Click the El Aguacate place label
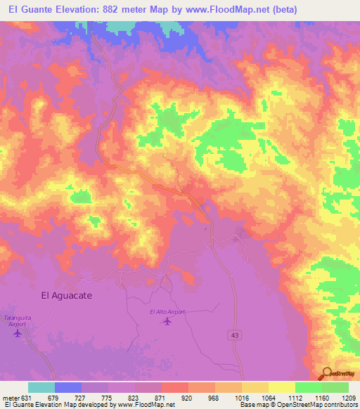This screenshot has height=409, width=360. pyautogui.click(x=67, y=296)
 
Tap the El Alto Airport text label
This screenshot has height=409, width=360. pyautogui.click(x=167, y=311)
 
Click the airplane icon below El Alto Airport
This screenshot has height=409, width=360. pyautogui.click(x=167, y=322)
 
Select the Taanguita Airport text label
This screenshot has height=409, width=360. pyautogui.click(x=18, y=320)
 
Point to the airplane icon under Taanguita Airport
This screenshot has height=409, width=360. pyautogui.click(x=18, y=332)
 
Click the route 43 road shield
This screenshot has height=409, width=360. pyautogui.click(x=234, y=337)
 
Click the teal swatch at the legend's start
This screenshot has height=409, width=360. pyautogui.click(x=41, y=387)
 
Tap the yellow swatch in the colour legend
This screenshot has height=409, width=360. pyautogui.click(x=281, y=387)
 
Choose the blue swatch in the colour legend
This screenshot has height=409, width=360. pyautogui.click(x=67, y=387)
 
